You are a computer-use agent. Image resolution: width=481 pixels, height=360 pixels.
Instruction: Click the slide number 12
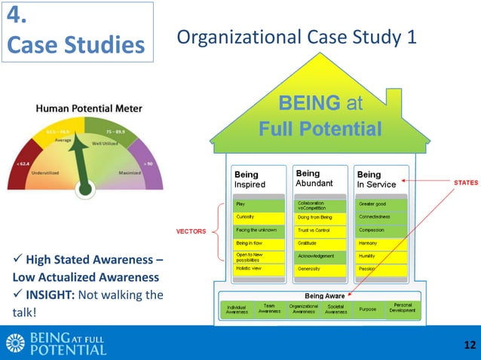(x=470, y=345)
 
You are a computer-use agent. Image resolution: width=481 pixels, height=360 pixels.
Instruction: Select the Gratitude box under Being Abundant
(x=317, y=244)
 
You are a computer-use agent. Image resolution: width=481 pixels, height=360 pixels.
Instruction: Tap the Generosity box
(x=317, y=268)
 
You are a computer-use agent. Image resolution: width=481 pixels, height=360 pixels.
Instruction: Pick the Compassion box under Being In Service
(x=380, y=230)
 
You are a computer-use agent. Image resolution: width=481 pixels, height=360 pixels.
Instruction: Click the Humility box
(x=380, y=256)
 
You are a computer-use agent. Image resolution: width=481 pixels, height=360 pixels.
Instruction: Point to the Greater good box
(x=380, y=203)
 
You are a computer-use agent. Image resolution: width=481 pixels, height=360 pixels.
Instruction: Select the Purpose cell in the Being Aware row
(x=368, y=310)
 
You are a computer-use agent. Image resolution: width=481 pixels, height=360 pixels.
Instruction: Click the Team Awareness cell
(x=269, y=310)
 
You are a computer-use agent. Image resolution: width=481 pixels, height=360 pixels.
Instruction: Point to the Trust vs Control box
(x=317, y=230)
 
